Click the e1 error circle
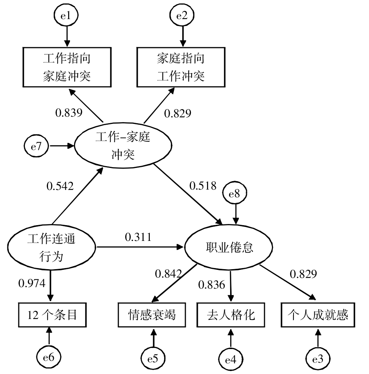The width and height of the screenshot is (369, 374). (x=66, y=16)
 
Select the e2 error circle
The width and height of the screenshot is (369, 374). (x=181, y=16)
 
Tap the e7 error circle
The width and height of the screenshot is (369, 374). (x=36, y=146)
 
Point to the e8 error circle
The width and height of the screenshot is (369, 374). (x=235, y=194)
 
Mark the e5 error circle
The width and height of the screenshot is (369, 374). (x=153, y=358)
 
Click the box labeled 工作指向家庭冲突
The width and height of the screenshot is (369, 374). (x=66, y=67)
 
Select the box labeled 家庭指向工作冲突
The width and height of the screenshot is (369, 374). (x=181, y=67)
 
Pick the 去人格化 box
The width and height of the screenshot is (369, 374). (x=230, y=315)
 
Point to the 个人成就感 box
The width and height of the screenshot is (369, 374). (x=317, y=315)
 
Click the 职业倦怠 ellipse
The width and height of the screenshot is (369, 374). (x=228, y=248)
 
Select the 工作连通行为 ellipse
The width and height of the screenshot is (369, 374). (x=51, y=247)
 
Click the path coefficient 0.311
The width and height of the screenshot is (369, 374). (x=138, y=238)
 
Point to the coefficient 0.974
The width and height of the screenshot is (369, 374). (x=32, y=283)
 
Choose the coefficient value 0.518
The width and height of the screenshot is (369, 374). (x=203, y=186)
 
